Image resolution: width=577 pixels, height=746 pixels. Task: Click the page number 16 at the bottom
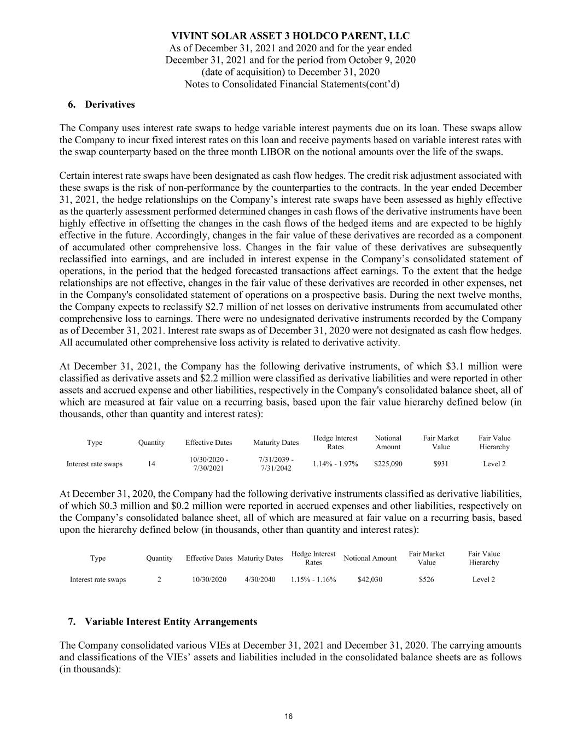pos(288,716)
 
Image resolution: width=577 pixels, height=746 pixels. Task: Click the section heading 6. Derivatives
pos(101,104)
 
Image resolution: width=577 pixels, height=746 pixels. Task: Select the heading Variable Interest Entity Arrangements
pos(171,621)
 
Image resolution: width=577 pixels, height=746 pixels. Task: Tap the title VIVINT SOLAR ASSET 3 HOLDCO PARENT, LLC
pos(290,36)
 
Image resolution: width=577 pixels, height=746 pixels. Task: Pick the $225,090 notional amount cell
pos(388,464)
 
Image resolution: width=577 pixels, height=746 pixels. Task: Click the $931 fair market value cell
pos(441,464)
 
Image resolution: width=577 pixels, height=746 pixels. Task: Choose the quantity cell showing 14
pos(151,464)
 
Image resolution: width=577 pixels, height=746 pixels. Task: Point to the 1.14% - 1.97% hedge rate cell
pos(335,464)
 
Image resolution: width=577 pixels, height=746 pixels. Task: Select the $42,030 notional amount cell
pos(370,579)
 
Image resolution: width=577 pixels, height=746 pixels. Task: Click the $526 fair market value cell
pos(426,579)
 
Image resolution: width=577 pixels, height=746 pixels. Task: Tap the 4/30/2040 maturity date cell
pos(260,579)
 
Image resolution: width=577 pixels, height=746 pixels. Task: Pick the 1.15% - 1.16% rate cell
pos(313,579)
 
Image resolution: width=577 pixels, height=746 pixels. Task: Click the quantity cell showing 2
pos(159,579)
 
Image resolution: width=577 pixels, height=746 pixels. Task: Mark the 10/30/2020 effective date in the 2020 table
pos(209,579)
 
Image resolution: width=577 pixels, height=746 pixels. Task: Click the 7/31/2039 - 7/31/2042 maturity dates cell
pos(276,464)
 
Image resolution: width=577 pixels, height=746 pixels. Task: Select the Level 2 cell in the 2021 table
pos(494,464)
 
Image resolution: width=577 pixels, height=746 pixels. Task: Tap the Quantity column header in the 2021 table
pos(151,443)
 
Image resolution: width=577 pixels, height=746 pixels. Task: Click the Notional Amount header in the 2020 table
pos(370,558)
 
